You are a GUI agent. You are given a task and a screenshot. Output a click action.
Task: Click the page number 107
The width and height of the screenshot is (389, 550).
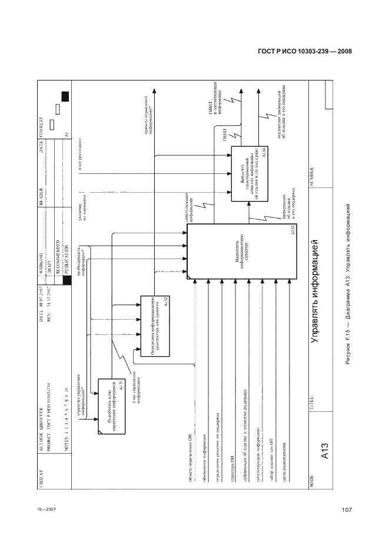346,509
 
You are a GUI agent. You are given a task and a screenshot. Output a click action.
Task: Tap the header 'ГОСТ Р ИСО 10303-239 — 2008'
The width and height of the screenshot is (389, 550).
305,52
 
